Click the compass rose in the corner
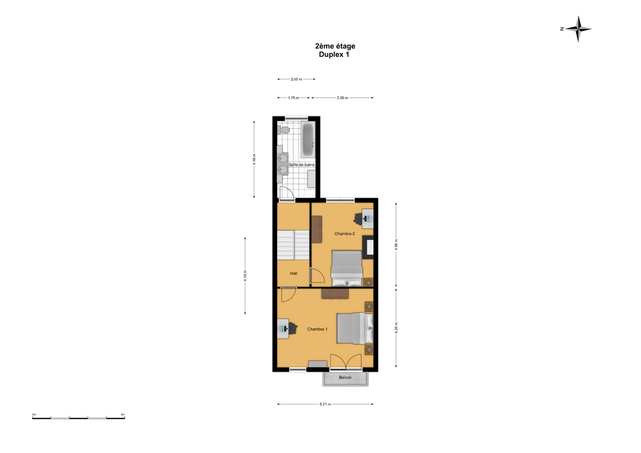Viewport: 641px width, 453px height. (x=578, y=29)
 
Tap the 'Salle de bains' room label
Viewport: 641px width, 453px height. (x=301, y=165)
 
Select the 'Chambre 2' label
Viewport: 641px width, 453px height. (x=345, y=234)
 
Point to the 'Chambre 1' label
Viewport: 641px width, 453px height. (x=317, y=329)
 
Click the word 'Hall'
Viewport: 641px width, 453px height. (x=294, y=274)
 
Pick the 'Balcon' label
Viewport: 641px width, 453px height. (x=345, y=377)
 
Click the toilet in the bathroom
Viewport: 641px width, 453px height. (x=283, y=130)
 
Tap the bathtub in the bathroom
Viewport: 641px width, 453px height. (x=308, y=139)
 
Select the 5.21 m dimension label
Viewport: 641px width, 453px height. (x=325, y=404)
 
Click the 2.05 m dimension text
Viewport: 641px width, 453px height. (x=296, y=79)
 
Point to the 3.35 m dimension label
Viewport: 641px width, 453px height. (x=342, y=98)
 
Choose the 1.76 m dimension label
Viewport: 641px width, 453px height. (x=293, y=98)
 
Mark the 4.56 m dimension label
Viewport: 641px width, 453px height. (x=396, y=245)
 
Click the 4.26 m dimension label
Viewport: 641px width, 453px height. (x=396, y=328)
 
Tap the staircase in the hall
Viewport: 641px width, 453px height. (x=293, y=245)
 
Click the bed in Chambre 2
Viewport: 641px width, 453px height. (x=347, y=268)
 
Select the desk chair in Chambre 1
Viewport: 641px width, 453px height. (x=292, y=328)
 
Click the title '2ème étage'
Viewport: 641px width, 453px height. (x=335, y=46)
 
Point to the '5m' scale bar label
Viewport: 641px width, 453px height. (x=123, y=414)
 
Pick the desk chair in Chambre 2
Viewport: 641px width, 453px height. (x=358, y=219)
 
